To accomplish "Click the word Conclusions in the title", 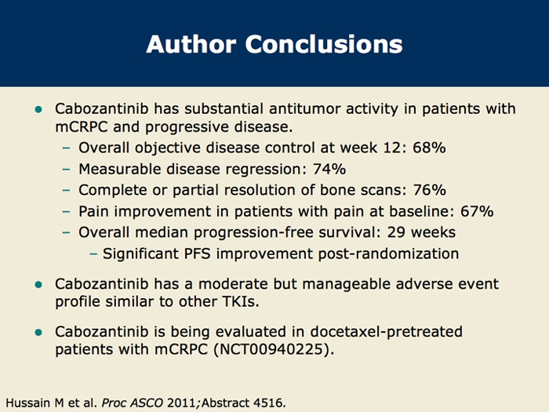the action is (324, 44).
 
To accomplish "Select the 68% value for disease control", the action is (429, 148).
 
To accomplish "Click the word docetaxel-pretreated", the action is (386, 332).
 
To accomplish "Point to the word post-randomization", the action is (388, 254).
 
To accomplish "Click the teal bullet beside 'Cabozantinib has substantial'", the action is (38, 109).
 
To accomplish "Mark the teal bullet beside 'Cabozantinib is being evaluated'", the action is (38, 332).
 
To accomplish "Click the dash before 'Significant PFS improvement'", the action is (93, 254).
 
